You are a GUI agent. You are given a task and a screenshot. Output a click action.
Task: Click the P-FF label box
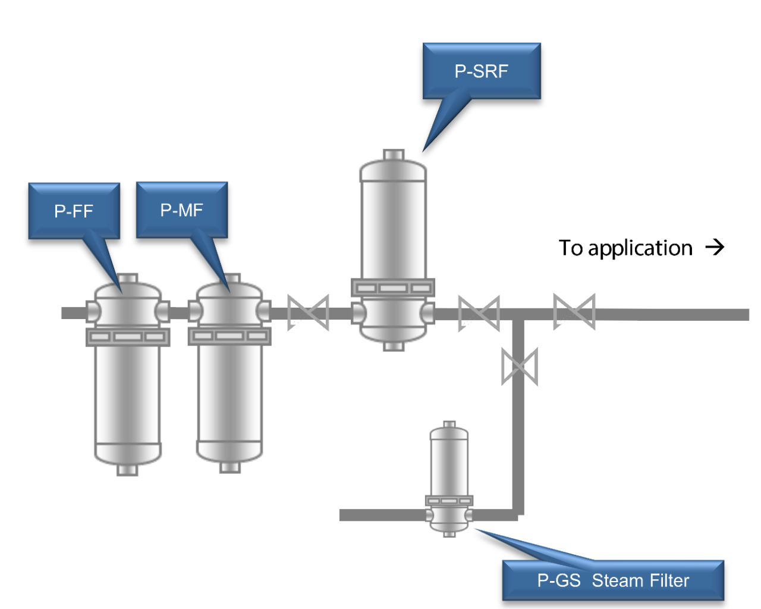tap(74, 211)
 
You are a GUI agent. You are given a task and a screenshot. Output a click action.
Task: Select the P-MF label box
tap(182, 210)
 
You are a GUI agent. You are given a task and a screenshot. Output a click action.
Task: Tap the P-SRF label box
tap(482, 71)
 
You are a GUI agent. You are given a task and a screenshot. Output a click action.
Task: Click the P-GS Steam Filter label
tap(613, 580)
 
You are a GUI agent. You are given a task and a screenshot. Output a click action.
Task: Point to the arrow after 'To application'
tap(715, 247)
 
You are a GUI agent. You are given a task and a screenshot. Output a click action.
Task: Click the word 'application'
tap(640, 248)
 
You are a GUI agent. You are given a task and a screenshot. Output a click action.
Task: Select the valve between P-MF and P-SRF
tap(308, 313)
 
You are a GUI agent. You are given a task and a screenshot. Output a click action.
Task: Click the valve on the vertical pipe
tap(520, 367)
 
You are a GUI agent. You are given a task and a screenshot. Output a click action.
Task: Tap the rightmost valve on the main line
tap(574, 311)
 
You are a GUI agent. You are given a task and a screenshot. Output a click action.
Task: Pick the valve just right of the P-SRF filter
tap(479, 313)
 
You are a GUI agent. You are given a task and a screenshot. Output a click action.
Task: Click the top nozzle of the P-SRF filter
tap(394, 155)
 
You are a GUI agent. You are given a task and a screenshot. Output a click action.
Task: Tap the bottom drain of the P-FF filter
tap(127, 470)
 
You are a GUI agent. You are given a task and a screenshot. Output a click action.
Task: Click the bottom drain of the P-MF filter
tap(230, 467)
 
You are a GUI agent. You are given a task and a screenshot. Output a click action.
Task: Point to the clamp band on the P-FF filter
tap(128, 337)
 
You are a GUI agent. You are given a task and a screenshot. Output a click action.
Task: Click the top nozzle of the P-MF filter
tap(230, 279)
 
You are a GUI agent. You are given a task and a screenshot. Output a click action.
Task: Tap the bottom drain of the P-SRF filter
tap(394, 346)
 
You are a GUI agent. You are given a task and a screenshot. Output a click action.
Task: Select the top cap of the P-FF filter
tap(128, 279)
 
